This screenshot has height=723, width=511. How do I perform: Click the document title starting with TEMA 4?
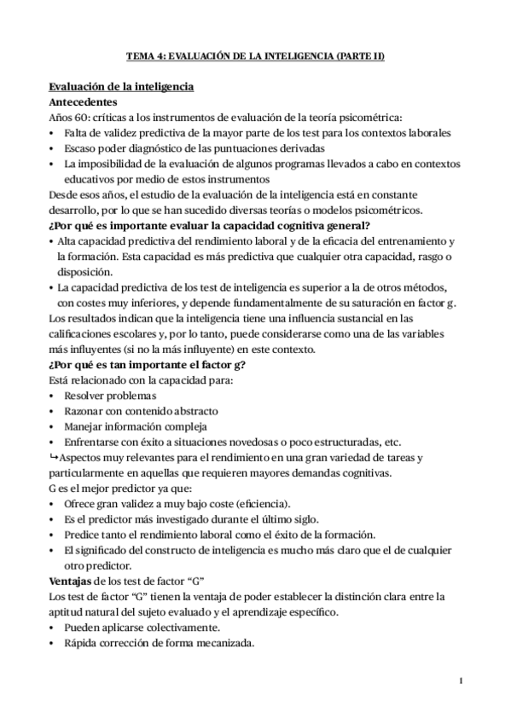255,56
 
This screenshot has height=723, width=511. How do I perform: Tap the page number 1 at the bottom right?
460,680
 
